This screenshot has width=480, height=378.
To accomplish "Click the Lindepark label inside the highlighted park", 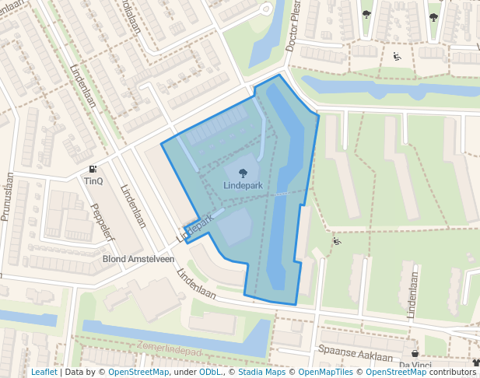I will [243, 187].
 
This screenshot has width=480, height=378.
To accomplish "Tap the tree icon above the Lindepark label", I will [243, 173].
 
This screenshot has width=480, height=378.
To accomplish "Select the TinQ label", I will [93, 181].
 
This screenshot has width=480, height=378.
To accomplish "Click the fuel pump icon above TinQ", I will [93, 169].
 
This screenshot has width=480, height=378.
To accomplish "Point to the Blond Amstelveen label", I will [138, 259].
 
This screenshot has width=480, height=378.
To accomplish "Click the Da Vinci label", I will [415, 365].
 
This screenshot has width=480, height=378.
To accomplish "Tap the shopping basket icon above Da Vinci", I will [415, 353].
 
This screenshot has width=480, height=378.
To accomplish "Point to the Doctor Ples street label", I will [294, 31].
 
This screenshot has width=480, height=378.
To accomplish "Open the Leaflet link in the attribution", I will [44, 373].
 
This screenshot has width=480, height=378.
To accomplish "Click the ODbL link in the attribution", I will [209, 373].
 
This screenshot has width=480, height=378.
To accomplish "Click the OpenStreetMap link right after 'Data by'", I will [138, 373].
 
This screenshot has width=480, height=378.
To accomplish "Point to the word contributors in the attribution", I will [452, 373].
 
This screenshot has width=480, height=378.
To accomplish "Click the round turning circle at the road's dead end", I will [267, 9].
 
